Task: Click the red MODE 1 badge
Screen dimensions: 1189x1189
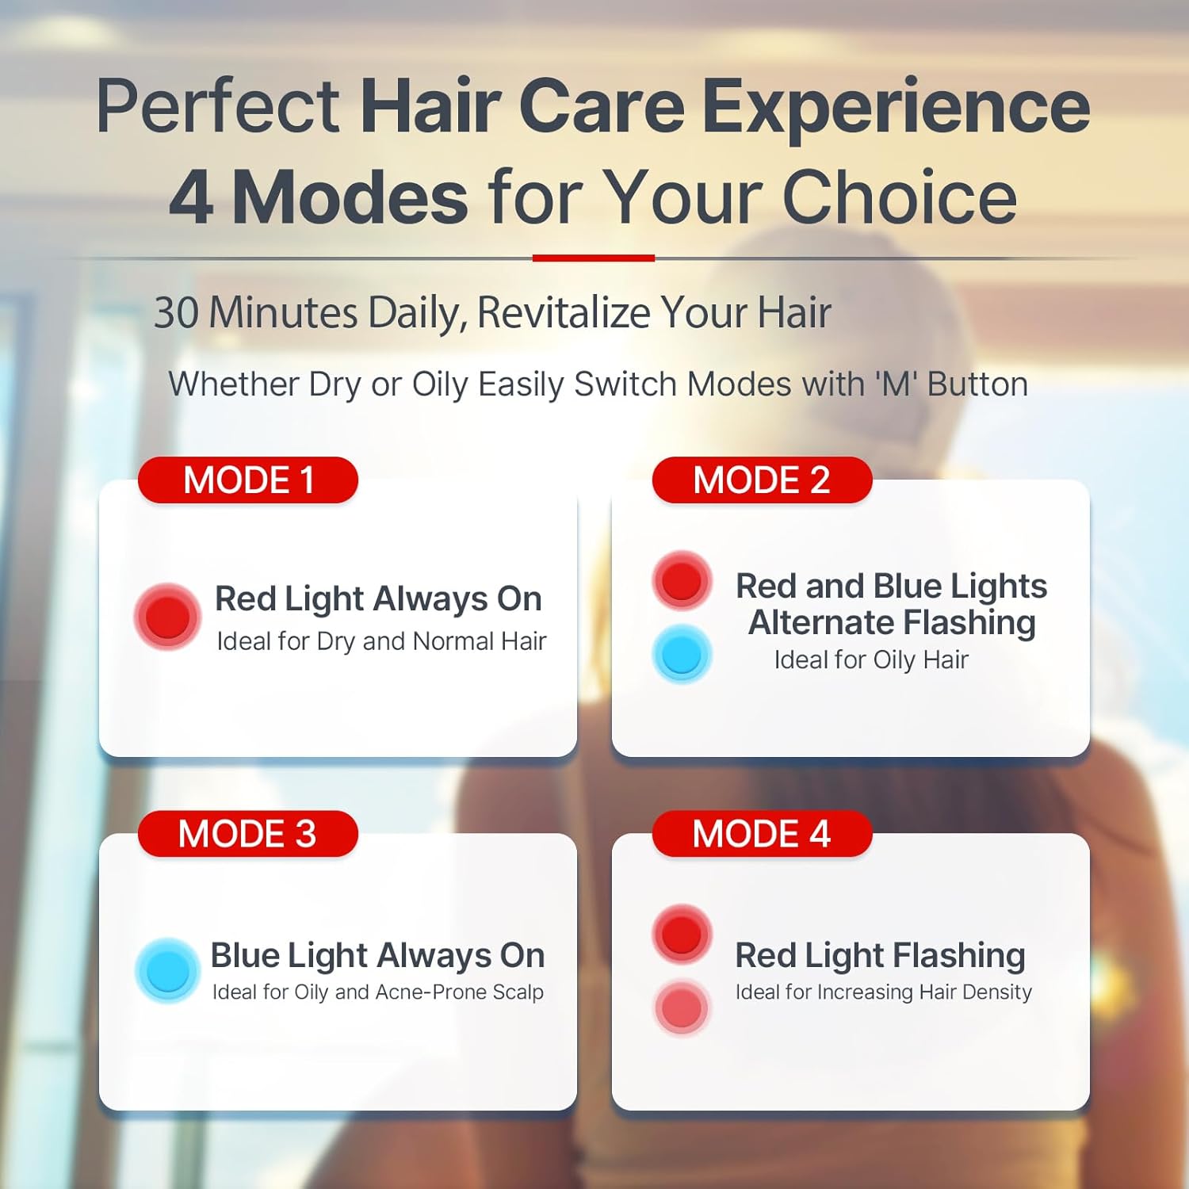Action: (x=248, y=480)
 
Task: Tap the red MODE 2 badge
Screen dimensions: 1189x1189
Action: (x=762, y=480)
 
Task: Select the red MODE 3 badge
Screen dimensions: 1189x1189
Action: (x=248, y=834)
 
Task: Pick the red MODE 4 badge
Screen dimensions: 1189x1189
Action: (x=762, y=834)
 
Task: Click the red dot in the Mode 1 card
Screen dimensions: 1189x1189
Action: (x=167, y=617)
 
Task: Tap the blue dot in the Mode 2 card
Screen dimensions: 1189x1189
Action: (x=682, y=654)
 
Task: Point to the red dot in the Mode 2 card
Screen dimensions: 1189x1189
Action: (x=682, y=580)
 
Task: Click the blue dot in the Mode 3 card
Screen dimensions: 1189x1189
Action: (x=167, y=970)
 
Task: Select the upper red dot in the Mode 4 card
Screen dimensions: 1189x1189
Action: (x=682, y=934)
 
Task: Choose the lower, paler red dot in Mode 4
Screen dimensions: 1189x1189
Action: (x=682, y=1007)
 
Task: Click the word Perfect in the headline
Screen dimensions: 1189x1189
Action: (x=218, y=107)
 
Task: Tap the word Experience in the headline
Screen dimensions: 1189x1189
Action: (x=896, y=107)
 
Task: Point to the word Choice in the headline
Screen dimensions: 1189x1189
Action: (x=900, y=197)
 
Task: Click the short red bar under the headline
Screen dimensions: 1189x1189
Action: (x=594, y=258)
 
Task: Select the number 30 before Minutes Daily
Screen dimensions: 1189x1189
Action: (x=176, y=312)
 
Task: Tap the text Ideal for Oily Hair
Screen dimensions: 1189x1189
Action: (x=871, y=659)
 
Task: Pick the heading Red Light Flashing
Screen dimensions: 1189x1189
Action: (x=880, y=955)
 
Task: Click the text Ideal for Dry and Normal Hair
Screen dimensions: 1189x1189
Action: (x=381, y=641)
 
